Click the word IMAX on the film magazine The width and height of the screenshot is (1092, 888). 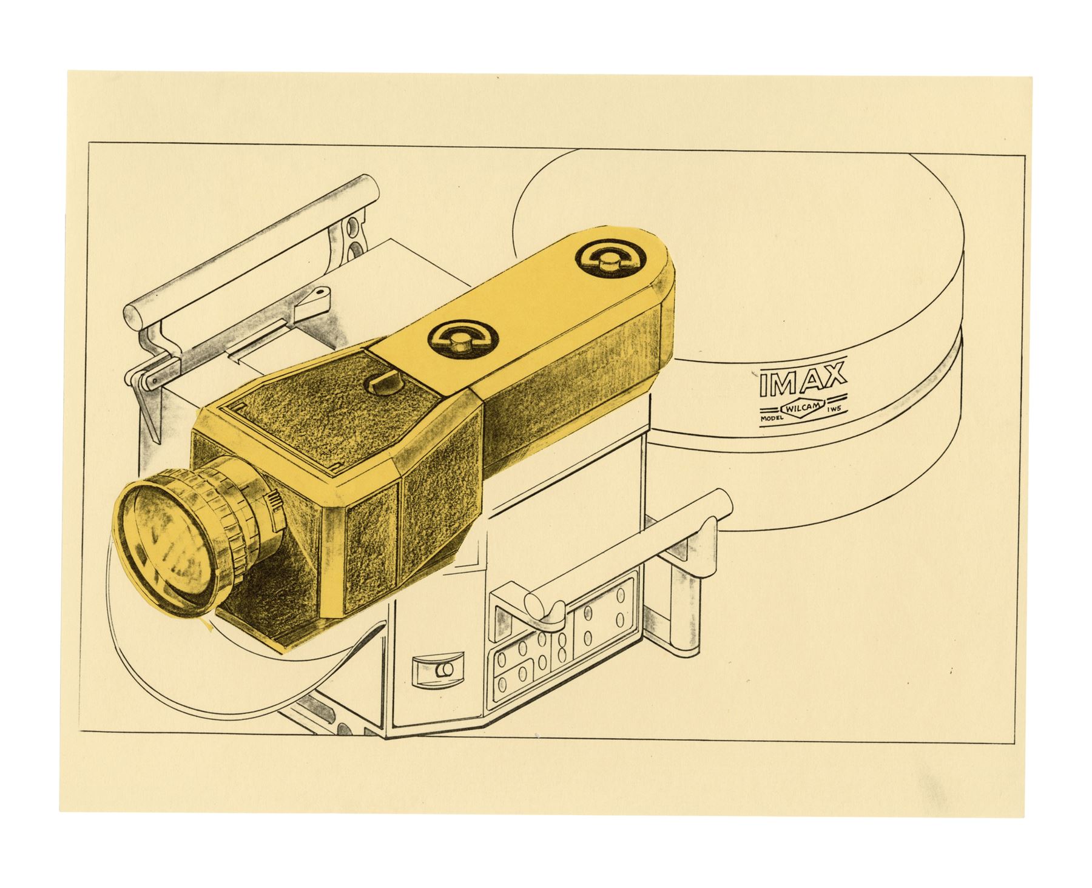[x=802, y=380]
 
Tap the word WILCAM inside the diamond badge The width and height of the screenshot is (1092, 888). [x=803, y=410]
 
